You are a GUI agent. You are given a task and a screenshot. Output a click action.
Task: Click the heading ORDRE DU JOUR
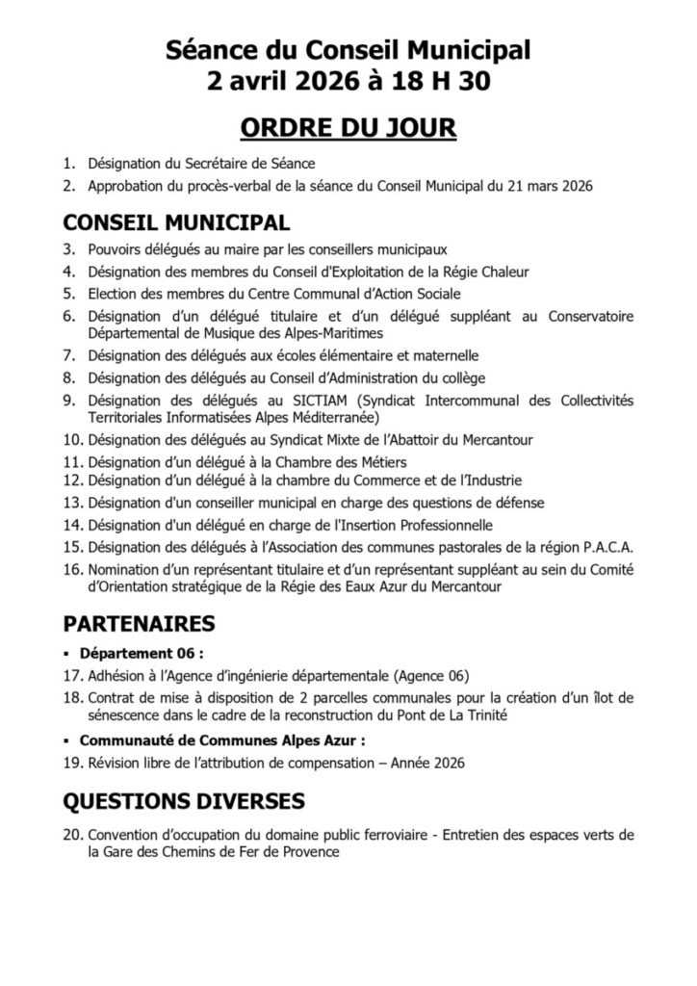coord(348,128)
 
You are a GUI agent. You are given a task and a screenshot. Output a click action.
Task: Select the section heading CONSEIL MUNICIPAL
coord(176,222)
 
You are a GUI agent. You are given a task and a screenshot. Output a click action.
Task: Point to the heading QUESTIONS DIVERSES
coord(185,800)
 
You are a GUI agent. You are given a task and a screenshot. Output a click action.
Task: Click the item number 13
coord(72,503)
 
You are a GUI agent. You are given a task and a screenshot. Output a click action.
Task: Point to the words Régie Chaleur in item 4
coord(483,272)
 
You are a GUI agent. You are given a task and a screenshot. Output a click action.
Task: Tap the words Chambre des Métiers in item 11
coord(333,463)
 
